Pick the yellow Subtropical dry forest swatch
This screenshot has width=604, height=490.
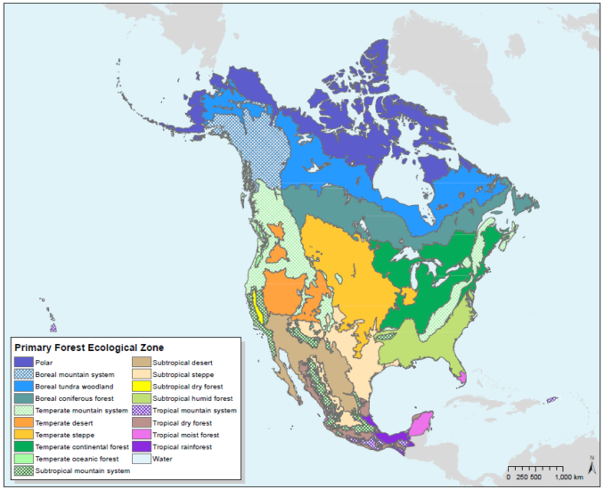[x=143, y=387]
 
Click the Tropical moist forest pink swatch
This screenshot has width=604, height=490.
[x=143, y=434]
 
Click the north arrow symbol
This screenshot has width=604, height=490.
[x=591, y=462]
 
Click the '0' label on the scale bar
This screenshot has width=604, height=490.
[x=509, y=477]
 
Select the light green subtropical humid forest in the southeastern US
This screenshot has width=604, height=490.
[x=419, y=343]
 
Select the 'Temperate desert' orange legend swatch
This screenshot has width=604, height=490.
[x=23, y=422]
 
